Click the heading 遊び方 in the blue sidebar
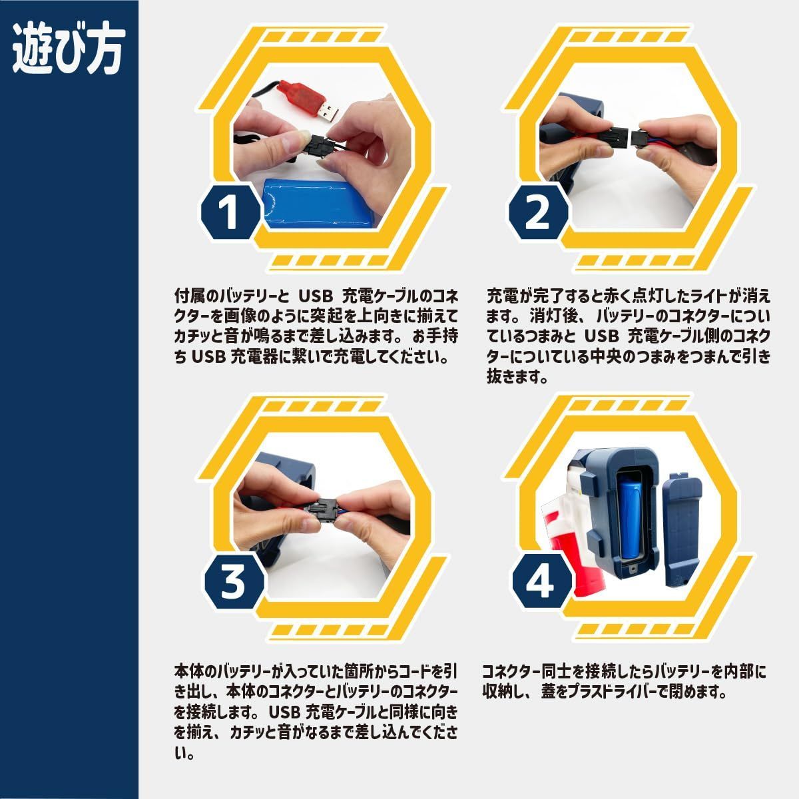tap(69, 51)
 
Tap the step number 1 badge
tap(232, 212)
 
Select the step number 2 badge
tap(538, 212)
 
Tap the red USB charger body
tap(300, 95)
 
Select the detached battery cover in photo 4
tap(681, 528)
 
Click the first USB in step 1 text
tap(316, 296)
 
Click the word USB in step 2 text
tap(602, 336)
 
